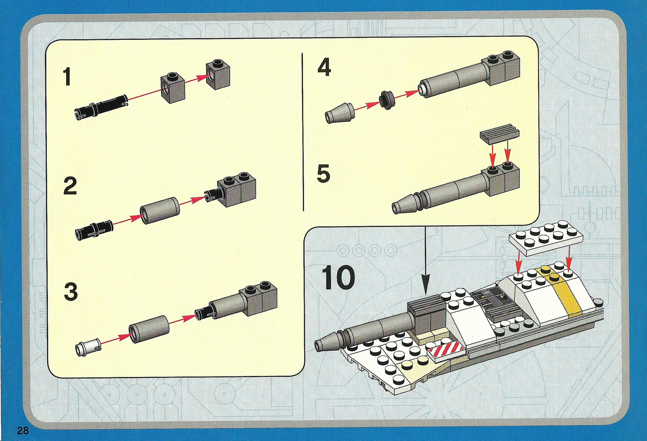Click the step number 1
67,76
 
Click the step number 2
70,186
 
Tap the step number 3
71,291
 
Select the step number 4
324,67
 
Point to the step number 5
324,173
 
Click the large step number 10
338,277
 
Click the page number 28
23,430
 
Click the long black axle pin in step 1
101,107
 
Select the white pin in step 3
88,346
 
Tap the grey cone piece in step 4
339,113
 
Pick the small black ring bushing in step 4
386,100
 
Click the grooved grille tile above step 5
500,134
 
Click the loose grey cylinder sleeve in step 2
159,210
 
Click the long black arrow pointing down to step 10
425,260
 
